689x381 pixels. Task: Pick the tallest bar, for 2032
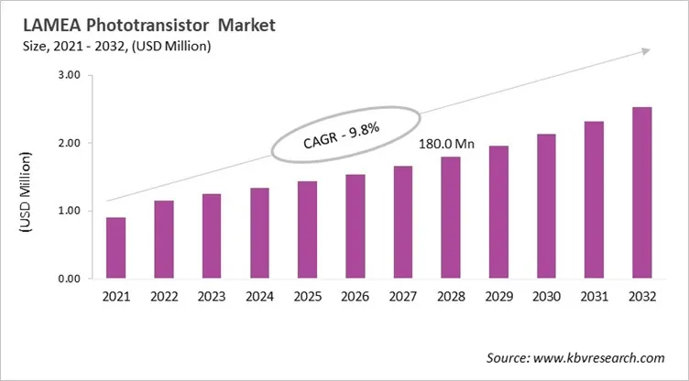(x=642, y=193)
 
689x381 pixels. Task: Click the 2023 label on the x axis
(x=212, y=298)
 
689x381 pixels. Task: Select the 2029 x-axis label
(x=498, y=298)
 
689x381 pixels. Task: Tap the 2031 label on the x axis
(x=594, y=298)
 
